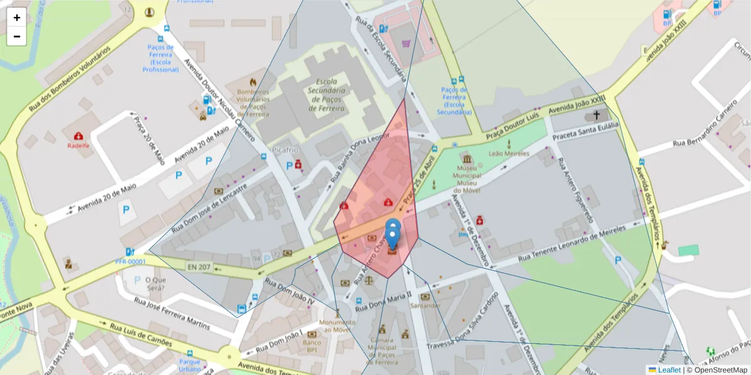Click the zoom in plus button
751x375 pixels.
[17, 17]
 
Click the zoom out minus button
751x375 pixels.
[17, 36]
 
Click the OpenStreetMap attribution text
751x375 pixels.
[721, 370]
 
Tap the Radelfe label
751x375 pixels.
[78, 146]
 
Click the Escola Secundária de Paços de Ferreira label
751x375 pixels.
[327, 95]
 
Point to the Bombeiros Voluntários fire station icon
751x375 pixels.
[253, 82]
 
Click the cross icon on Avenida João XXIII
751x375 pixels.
[596, 115]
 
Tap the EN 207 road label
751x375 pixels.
[199, 267]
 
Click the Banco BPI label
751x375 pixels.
[311, 346]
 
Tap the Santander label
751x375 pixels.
[425, 305]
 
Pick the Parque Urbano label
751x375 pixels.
[190, 364]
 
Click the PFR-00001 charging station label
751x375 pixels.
[130, 261]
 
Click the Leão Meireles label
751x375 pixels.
[509, 153]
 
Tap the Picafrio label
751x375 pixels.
[286, 150]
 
